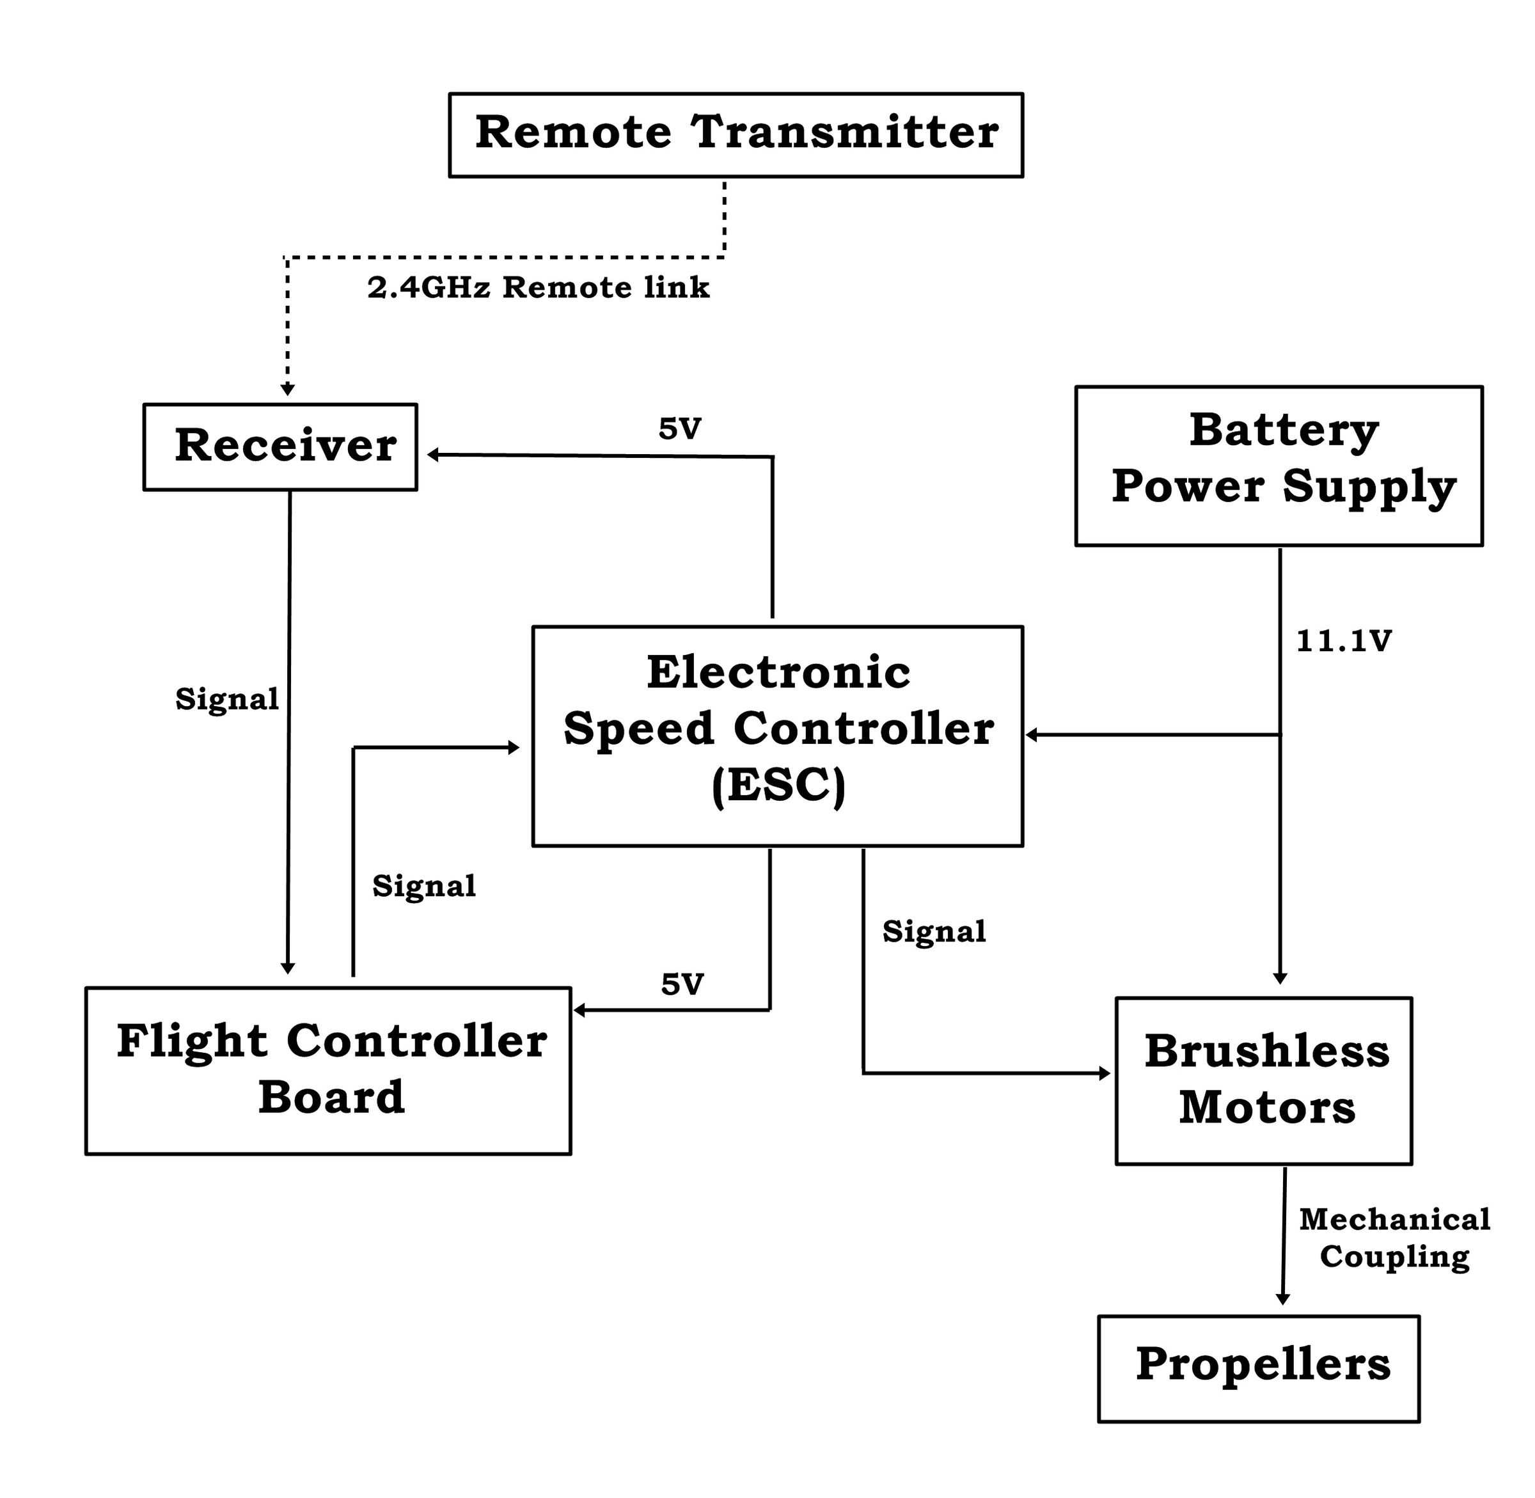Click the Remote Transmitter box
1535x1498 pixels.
tap(736, 134)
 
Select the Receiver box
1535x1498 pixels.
tap(280, 447)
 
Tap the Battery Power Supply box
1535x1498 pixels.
tap(1279, 465)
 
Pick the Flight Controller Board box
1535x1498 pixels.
tap(328, 1070)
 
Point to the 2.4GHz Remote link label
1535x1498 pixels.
tap(538, 288)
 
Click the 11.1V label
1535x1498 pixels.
tap(1343, 641)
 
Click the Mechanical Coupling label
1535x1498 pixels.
tap(1394, 1238)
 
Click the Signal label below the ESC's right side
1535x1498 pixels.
tap(934, 931)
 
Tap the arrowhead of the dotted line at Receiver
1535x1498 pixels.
tap(288, 390)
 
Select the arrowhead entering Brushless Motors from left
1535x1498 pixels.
tap(1105, 1073)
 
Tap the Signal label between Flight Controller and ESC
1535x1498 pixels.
tap(424, 886)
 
